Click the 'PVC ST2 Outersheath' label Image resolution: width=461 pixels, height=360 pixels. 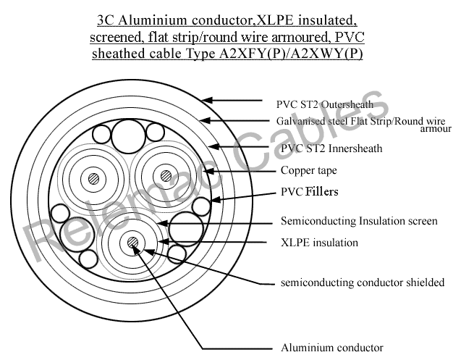tap(324, 104)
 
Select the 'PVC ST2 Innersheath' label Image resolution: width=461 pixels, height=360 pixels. tap(331, 148)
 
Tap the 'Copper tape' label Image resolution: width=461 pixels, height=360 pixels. tap(309, 170)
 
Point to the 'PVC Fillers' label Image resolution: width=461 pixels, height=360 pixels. tap(309, 192)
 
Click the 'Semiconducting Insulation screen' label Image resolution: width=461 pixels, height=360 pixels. tap(359, 221)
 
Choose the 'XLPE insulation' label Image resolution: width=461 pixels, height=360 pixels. tap(319, 243)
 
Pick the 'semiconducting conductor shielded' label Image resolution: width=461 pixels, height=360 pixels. tap(362, 282)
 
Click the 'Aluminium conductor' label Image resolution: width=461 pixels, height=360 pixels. tap(332, 348)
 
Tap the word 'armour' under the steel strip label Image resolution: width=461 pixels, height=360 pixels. tap(436, 129)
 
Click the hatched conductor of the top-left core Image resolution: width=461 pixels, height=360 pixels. tap(94, 179)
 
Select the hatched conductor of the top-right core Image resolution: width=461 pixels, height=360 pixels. tap(166, 176)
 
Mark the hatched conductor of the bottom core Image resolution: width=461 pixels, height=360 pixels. tap(133, 242)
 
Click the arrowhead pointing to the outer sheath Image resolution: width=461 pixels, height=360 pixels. tap(206, 100)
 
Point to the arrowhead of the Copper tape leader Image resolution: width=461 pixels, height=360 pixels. tap(208, 171)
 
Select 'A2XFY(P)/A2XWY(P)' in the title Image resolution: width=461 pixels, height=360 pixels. tap(291, 54)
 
